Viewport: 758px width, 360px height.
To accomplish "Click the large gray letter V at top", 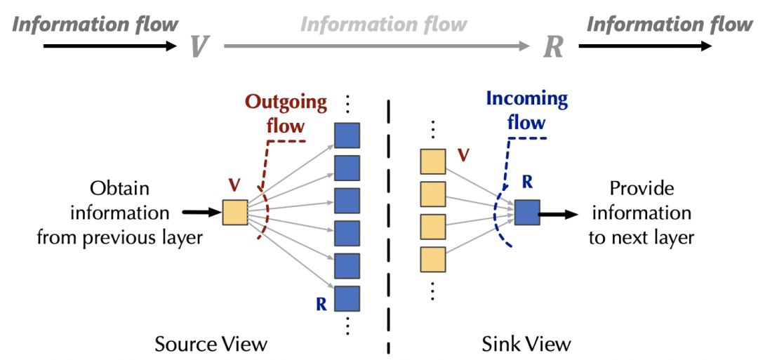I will tap(199, 46).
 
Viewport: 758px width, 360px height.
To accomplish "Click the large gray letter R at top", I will tap(554, 46).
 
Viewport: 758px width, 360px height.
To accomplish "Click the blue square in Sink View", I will tap(526, 213).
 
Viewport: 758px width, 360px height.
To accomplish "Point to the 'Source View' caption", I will tap(211, 344).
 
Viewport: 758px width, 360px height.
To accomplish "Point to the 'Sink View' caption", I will tap(526, 344).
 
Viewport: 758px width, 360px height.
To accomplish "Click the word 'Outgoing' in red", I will tap(286, 103).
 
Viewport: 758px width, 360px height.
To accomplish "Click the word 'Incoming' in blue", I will tap(526, 99).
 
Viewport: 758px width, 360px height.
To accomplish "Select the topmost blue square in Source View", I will tap(347, 135).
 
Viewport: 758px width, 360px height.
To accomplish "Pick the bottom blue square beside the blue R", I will tap(347, 298).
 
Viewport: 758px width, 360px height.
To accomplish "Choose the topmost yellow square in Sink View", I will tap(432, 161).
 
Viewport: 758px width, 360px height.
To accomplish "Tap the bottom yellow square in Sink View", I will tap(432, 260).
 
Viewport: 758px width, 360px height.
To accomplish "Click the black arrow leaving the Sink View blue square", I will tap(558, 213).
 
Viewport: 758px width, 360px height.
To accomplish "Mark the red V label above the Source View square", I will tap(234, 186).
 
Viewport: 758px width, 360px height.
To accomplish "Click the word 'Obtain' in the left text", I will tap(119, 189).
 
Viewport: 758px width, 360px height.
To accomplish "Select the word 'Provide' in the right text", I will tap(641, 189).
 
